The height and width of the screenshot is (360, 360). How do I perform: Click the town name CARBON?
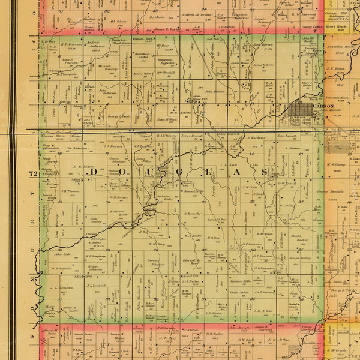(x=323, y=106)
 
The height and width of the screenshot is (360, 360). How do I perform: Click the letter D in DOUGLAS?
(x=93, y=173)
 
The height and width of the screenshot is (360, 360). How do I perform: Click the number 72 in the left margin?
(x=34, y=174)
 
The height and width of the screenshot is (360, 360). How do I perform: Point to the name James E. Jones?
(x=263, y=65)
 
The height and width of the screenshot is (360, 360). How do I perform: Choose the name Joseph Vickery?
(x=302, y=259)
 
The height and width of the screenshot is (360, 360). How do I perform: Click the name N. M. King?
(x=157, y=244)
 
